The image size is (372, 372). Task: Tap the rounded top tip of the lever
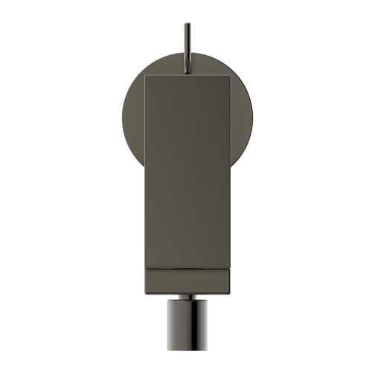[186, 25]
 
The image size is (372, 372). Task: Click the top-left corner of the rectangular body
[144, 75]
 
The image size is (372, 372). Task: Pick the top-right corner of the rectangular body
[228, 75]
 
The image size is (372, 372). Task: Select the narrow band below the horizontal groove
[186, 277]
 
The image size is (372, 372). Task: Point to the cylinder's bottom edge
[186, 370]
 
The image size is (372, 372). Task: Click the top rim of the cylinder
[186, 301]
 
